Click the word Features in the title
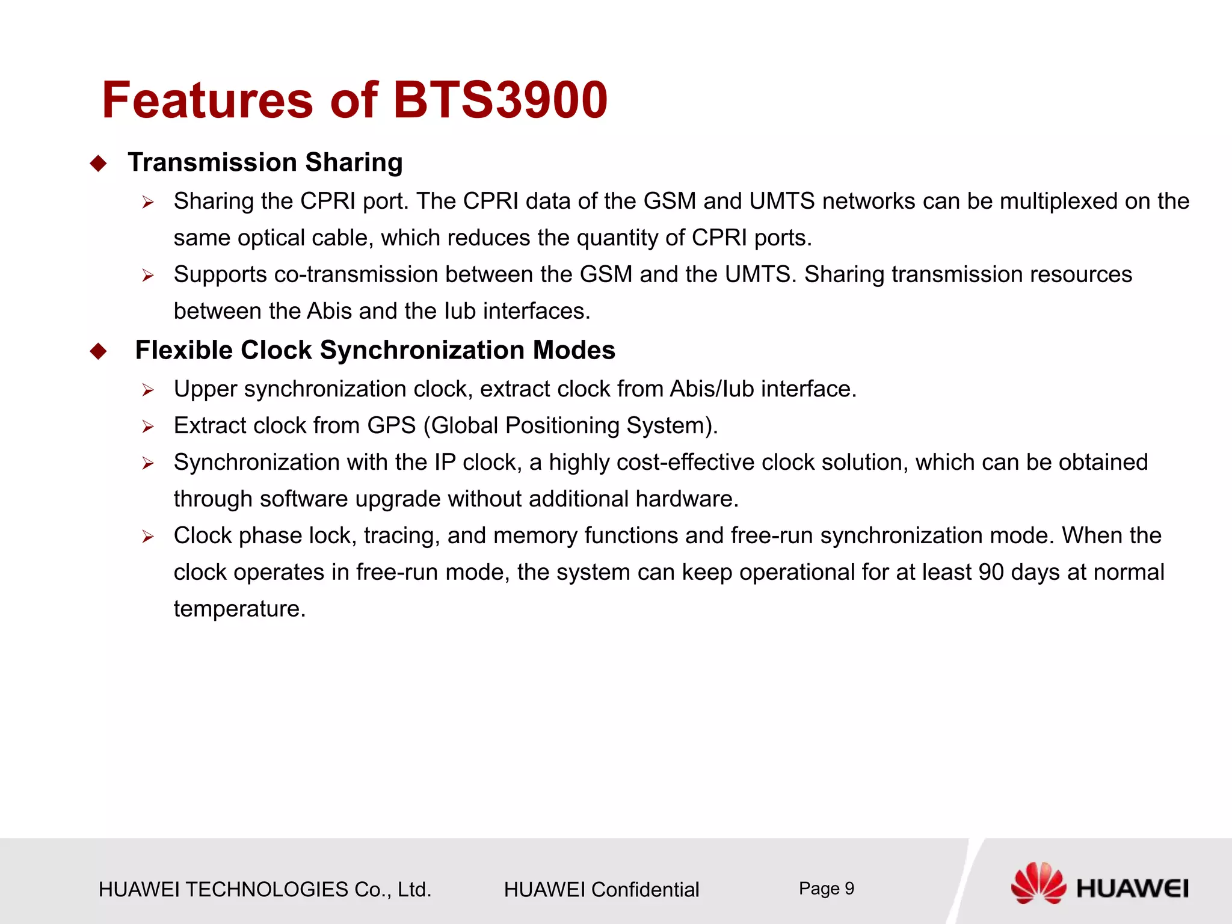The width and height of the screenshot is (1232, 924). (208, 100)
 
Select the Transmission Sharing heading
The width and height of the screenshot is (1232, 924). (265, 162)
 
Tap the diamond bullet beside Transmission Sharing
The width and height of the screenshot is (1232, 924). (98, 164)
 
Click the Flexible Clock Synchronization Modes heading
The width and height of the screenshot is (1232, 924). (375, 350)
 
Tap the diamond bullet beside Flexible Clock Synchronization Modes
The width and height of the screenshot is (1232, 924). (98, 351)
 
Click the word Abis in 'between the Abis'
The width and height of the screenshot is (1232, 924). (329, 312)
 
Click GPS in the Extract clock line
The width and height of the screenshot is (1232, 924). (392, 426)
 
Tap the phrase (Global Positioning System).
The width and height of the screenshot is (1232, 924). (570, 426)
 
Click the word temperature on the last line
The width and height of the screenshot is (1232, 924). (239, 609)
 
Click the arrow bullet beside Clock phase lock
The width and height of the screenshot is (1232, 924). (148, 537)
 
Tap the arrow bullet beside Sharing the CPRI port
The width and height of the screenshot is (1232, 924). (148, 203)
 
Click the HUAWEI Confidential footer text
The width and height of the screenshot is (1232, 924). (602, 889)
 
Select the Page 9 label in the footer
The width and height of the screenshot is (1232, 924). (826, 889)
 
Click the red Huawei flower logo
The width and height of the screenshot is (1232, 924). (1038, 883)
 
